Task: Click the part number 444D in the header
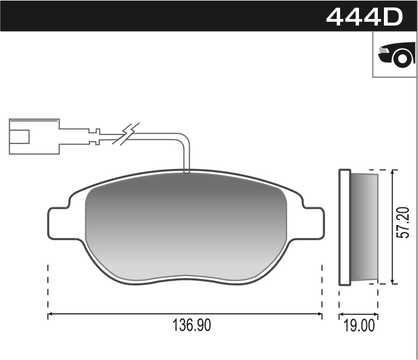364,16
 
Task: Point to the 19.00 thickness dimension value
358,326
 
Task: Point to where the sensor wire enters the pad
187,171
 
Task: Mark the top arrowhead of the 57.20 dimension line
395,173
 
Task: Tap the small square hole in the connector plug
22,136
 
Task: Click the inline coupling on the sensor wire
94,136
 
